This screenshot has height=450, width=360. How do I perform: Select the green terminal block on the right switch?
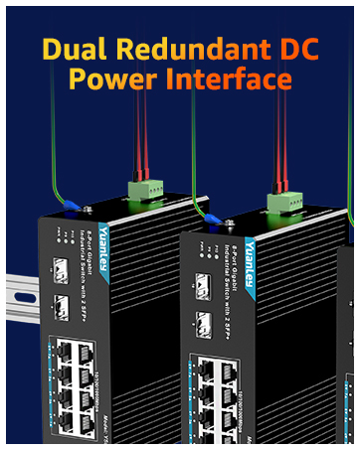coord(282,203)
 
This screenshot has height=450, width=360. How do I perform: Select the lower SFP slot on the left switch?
coord(58,304)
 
